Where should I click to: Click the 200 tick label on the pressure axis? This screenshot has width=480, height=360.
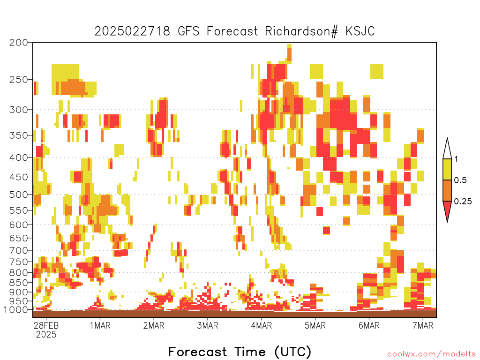click(19, 43)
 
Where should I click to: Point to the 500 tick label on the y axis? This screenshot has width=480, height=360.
click(19, 195)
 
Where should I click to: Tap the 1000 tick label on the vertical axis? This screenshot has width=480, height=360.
click(16, 310)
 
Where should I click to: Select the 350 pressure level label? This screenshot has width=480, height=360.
click(19, 135)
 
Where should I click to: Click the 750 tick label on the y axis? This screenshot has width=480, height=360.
click(19, 262)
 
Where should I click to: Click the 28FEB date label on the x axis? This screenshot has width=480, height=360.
click(46, 325)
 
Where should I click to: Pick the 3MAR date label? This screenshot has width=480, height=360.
click(208, 325)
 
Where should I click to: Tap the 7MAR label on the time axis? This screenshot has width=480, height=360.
click(423, 325)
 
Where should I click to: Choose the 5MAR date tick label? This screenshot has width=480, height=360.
click(315, 325)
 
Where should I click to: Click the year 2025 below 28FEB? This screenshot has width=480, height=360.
click(46, 335)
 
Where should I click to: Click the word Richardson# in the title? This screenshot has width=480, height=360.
click(301, 31)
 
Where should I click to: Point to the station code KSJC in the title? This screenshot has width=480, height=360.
click(360, 31)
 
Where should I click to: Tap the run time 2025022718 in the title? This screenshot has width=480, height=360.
click(132, 31)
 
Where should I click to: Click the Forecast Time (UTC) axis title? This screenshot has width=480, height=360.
click(240, 352)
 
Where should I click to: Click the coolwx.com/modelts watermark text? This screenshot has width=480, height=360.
click(432, 354)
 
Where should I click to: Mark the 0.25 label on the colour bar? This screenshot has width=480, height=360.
click(463, 202)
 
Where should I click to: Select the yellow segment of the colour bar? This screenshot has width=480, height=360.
click(447, 169)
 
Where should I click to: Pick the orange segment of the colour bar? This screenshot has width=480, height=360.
click(447, 190)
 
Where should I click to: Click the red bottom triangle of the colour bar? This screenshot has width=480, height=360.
click(447, 209)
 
